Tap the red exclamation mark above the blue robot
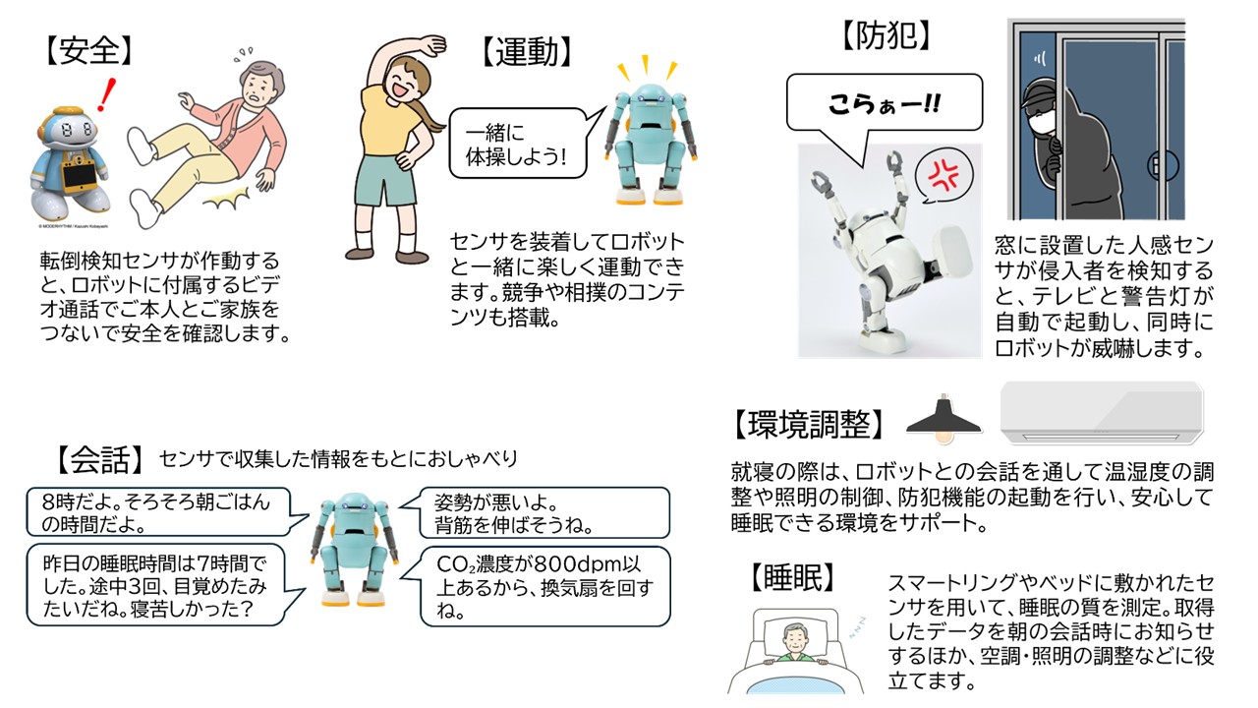pyautogui.click(x=106, y=94)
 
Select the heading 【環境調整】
pyautogui.click(x=808, y=424)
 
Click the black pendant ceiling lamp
pyautogui.click(x=944, y=419)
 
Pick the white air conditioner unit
pyautogui.click(x=1102, y=413)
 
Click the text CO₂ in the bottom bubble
pyautogui.click(x=455, y=563)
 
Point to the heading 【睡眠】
pyautogui.click(x=792, y=577)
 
